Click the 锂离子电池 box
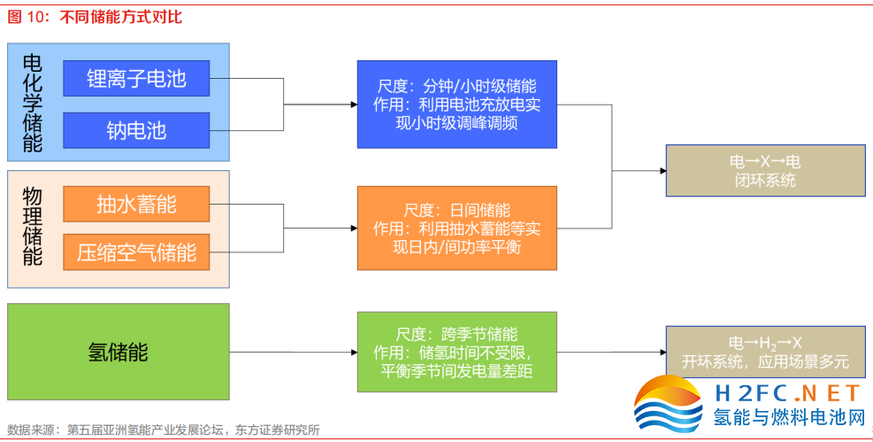(x=136, y=79)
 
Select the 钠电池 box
(x=136, y=130)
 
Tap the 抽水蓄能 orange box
(x=136, y=205)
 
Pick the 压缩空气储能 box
(x=136, y=252)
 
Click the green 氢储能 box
(x=118, y=353)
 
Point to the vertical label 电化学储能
(x=33, y=104)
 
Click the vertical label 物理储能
(x=33, y=229)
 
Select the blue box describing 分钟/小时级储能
(x=456, y=105)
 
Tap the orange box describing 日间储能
(x=456, y=228)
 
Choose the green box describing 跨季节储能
(x=456, y=352)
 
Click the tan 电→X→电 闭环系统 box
(x=764, y=170)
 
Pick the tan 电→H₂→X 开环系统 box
(x=764, y=351)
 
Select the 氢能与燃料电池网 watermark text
(x=788, y=417)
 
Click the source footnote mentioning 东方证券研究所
(x=164, y=430)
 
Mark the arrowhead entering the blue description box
(x=353, y=105)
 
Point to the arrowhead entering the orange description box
(x=353, y=228)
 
